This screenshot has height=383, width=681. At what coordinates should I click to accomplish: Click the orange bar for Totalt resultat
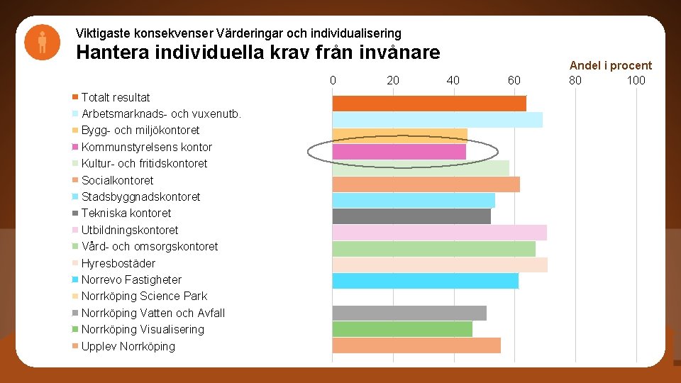point(429,103)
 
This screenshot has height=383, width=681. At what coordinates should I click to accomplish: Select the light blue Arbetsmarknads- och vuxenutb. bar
point(437,119)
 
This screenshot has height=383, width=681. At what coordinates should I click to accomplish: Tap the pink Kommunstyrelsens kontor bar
point(399,152)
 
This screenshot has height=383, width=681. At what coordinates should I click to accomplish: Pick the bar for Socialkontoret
point(426,184)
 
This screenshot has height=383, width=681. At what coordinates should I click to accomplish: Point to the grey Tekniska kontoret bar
point(411,216)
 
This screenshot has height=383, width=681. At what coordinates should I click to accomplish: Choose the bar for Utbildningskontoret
point(439,233)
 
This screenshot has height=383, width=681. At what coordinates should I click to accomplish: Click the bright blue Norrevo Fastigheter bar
point(425,281)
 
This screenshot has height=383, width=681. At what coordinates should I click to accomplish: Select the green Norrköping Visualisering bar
point(402,329)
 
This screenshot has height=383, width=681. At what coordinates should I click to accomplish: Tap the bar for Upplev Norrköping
point(416,345)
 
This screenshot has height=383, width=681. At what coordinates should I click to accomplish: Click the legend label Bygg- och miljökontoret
point(140,131)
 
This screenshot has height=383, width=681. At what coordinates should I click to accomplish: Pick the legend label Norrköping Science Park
point(144,296)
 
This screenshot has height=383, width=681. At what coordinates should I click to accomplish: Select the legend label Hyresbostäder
point(118,263)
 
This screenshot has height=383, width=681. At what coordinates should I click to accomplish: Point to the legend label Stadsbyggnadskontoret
point(140,196)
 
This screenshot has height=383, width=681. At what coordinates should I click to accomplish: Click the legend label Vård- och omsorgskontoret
point(150,247)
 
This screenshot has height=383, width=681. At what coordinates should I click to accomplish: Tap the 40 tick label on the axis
point(453,80)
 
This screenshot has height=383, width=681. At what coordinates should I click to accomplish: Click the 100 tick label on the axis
point(636,80)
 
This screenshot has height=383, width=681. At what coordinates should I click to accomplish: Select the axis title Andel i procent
point(611,65)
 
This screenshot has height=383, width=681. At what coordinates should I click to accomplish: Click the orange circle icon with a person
point(42,43)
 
